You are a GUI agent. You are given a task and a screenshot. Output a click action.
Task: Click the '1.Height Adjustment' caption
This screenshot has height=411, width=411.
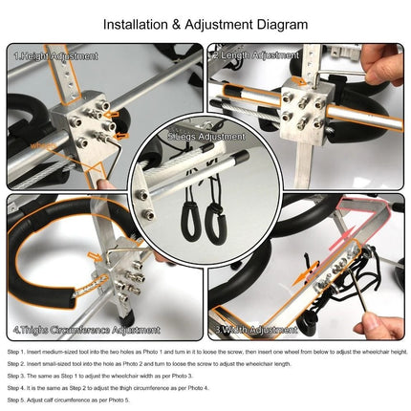[x=56, y=56]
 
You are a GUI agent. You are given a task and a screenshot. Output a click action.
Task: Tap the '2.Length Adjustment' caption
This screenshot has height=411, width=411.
[x=256, y=55]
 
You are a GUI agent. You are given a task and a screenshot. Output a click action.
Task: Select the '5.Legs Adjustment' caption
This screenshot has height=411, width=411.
[x=205, y=137]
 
